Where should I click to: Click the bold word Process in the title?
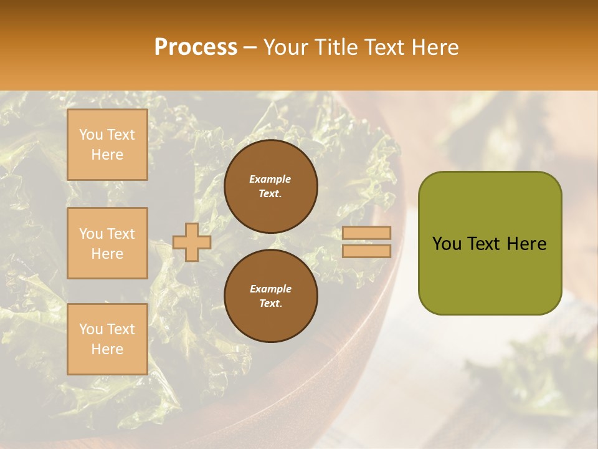pyautogui.click(x=196, y=47)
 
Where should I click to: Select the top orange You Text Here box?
pyautogui.click(x=107, y=145)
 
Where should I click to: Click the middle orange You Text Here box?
pyautogui.click(x=107, y=243)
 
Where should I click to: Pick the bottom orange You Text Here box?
pyautogui.click(x=107, y=339)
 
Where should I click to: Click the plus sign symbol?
pyautogui.click(x=192, y=242)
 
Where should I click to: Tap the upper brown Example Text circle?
pyautogui.click(x=270, y=186)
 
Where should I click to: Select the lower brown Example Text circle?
pyautogui.click(x=270, y=296)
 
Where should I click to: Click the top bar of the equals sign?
pyautogui.click(x=366, y=233)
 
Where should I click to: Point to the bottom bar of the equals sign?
pyautogui.click(x=366, y=251)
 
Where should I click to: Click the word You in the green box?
pyautogui.click(x=447, y=244)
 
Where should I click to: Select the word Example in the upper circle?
pyautogui.click(x=270, y=179)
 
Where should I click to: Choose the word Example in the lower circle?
pyautogui.click(x=270, y=289)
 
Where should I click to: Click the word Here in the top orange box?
pyautogui.click(x=107, y=155)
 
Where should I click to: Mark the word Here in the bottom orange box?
pyautogui.click(x=107, y=349)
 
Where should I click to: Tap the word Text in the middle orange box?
pyautogui.click(x=121, y=234)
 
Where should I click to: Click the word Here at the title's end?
pyautogui.click(x=435, y=47)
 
